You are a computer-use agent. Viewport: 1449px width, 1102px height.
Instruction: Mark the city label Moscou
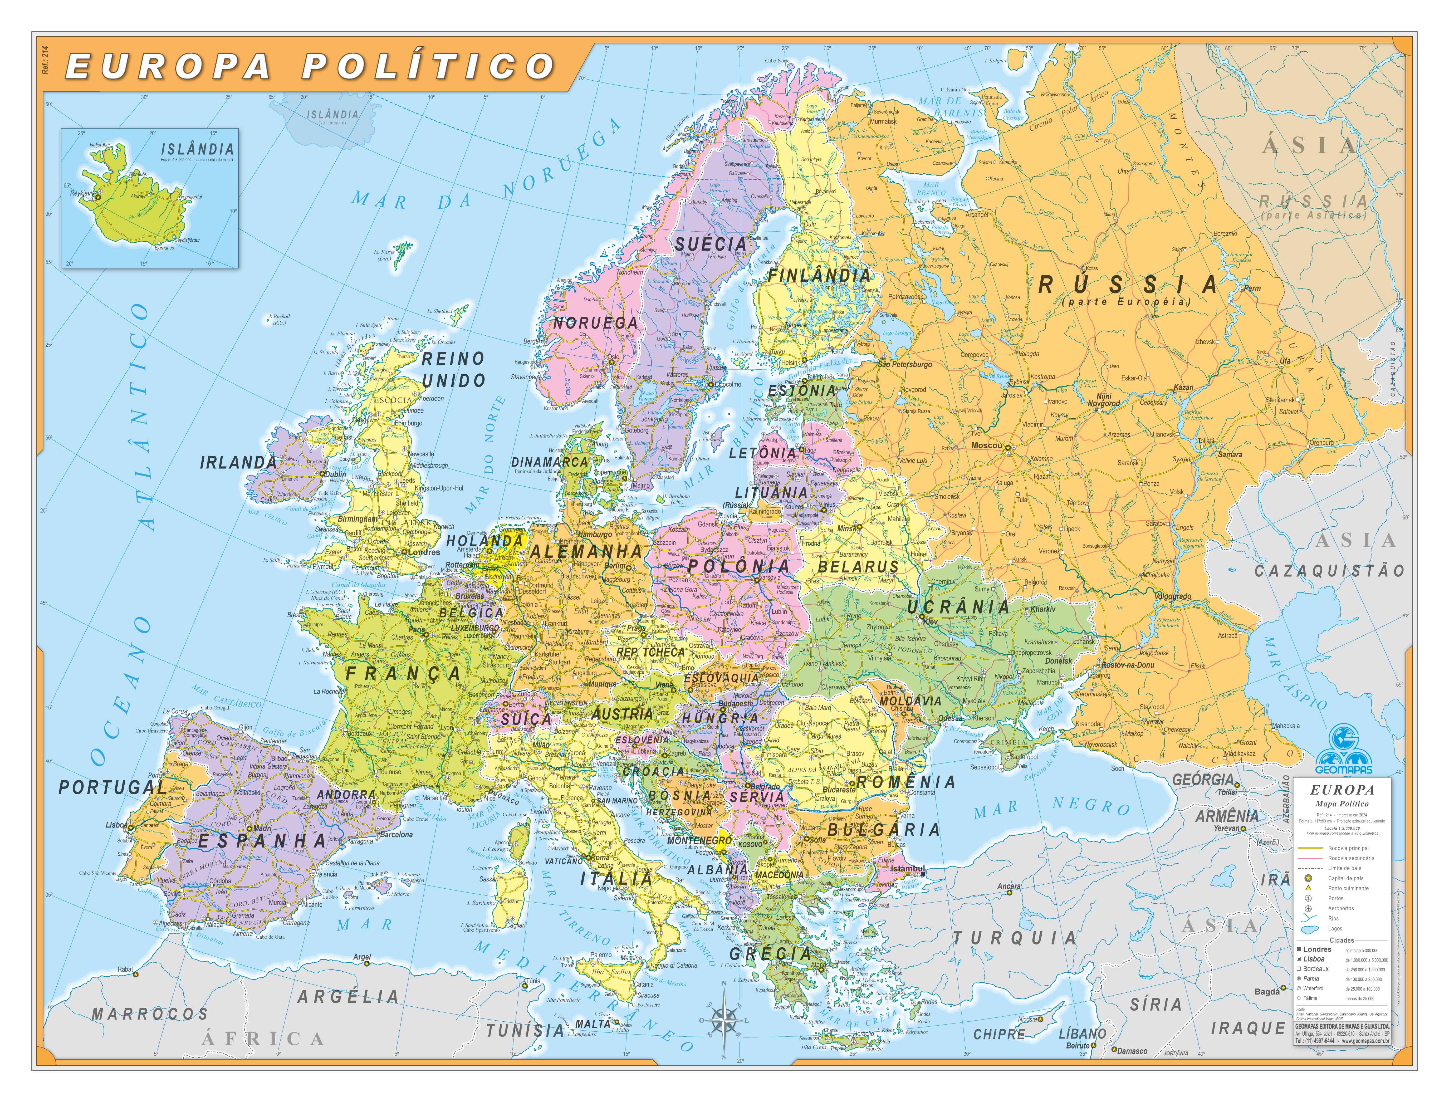coord(987,445)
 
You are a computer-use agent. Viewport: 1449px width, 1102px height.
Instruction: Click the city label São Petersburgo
coord(904,364)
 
